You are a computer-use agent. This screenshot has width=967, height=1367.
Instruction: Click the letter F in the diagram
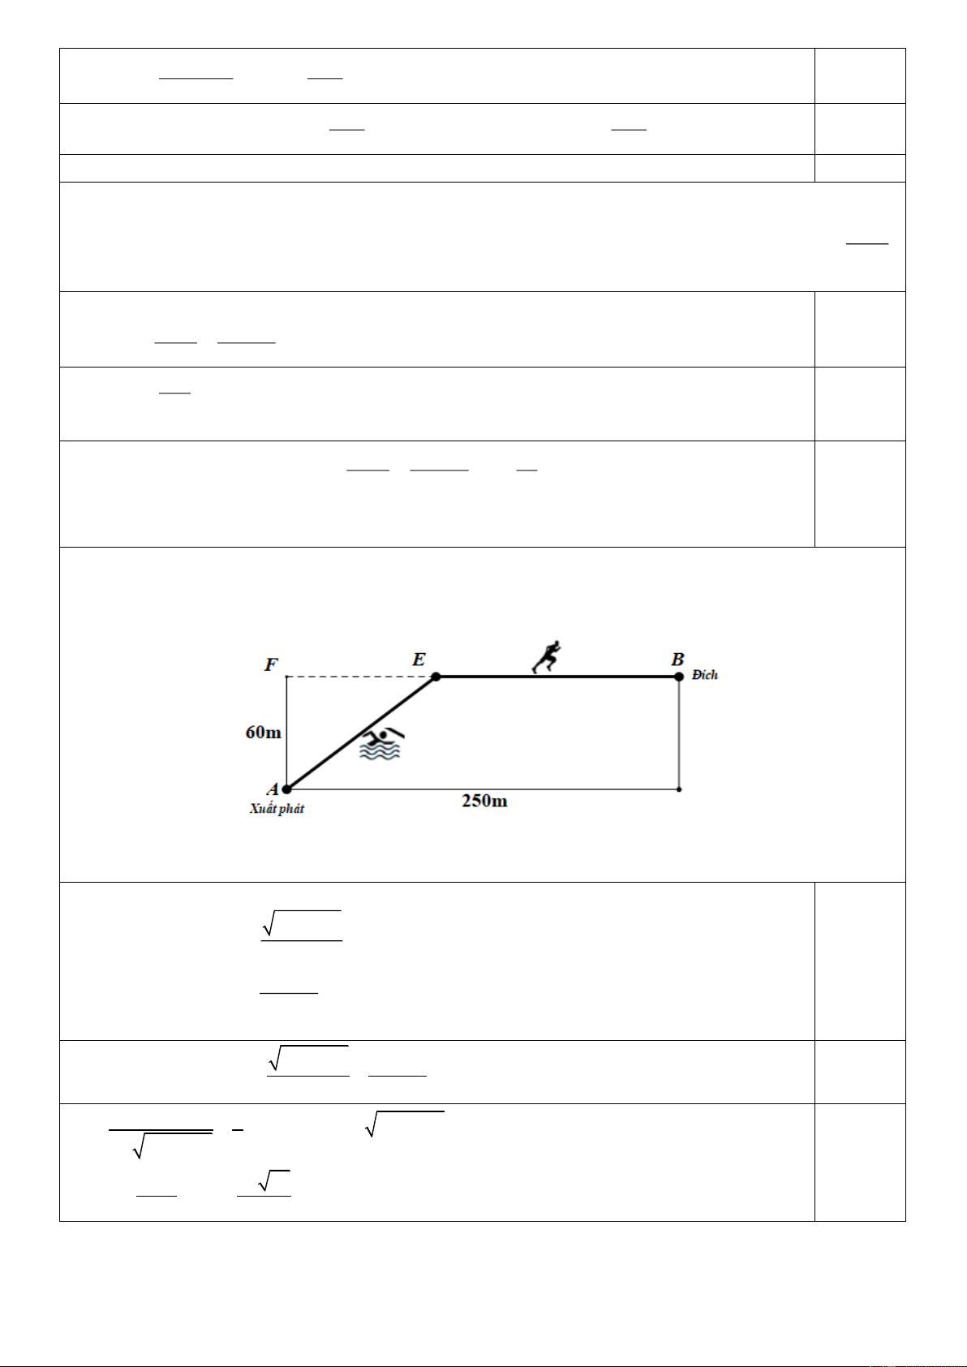pyautogui.click(x=271, y=665)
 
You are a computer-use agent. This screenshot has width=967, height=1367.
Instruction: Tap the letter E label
pyautogui.click(x=419, y=660)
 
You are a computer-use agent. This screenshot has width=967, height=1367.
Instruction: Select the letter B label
pyautogui.click(x=677, y=660)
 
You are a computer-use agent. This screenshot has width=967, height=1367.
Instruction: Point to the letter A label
pyautogui.click(x=273, y=789)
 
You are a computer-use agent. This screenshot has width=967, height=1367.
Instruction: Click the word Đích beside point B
pyautogui.click(x=705, y=675)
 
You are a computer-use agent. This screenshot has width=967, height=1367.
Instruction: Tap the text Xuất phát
pyautogui.click(x=277, y=809)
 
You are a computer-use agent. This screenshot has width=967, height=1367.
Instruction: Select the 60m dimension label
pyautogui.click(x=264, y=733)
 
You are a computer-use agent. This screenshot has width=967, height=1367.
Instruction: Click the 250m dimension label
pyautogui.click(x=484, y=801)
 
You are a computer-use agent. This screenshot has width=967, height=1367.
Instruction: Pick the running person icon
pyautogui.click(x=547, y=657)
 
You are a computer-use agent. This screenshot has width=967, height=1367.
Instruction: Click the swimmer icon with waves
pyautogui.click(x=381, y=744)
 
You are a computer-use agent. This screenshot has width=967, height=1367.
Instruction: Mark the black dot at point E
pyautogui.click(x=436, y=677)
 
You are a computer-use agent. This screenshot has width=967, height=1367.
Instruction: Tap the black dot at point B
pyautogui.click(x=679, y=677)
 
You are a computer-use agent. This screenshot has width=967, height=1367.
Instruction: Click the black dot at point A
pyautogui.click(x=286, y=788)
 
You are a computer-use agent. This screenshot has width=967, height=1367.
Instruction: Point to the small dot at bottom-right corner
pyautogui.click(x=679, y=789)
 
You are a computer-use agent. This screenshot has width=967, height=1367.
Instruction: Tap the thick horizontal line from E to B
pyautogui.click(x=617, y=677)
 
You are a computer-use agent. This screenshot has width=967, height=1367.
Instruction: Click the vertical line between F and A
pyautogui.click(x=286, y=714)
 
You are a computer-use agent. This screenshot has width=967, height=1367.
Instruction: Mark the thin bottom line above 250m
pyautogui.click(x=568, y=789)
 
